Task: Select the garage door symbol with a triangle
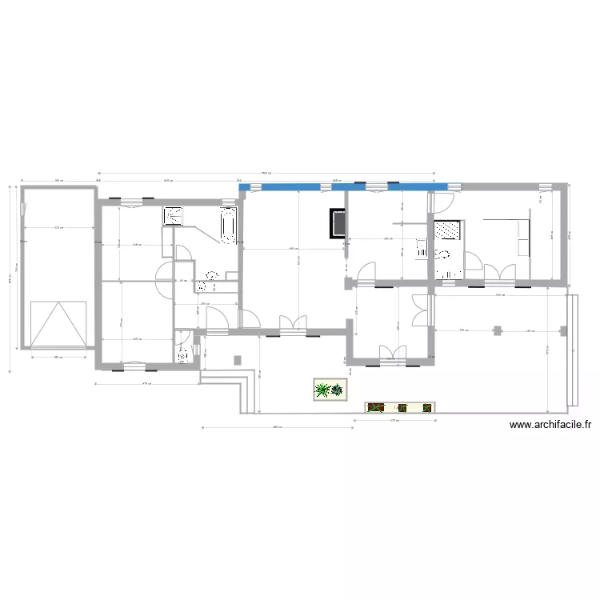pyautogui.click(x=58, y=324)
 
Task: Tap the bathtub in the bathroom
pyautogui.click(x=228, y=225)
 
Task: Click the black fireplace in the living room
pyautogui.click(x=338, y=223)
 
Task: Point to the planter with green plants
pyautogui.click(x=329, y=390)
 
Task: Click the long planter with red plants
pyautogui.click(x=399, y=408)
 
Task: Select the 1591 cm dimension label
pyautogui.click(x=265, y=172)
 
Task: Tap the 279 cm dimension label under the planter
pyautogui.click(x=394, y=420)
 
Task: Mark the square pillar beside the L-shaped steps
pyautogui.click(x=237, y=359)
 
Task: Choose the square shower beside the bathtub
pyautogui.click(x=174, y=215)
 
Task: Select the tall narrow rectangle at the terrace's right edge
pyautogui.click(x=571, y=350)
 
